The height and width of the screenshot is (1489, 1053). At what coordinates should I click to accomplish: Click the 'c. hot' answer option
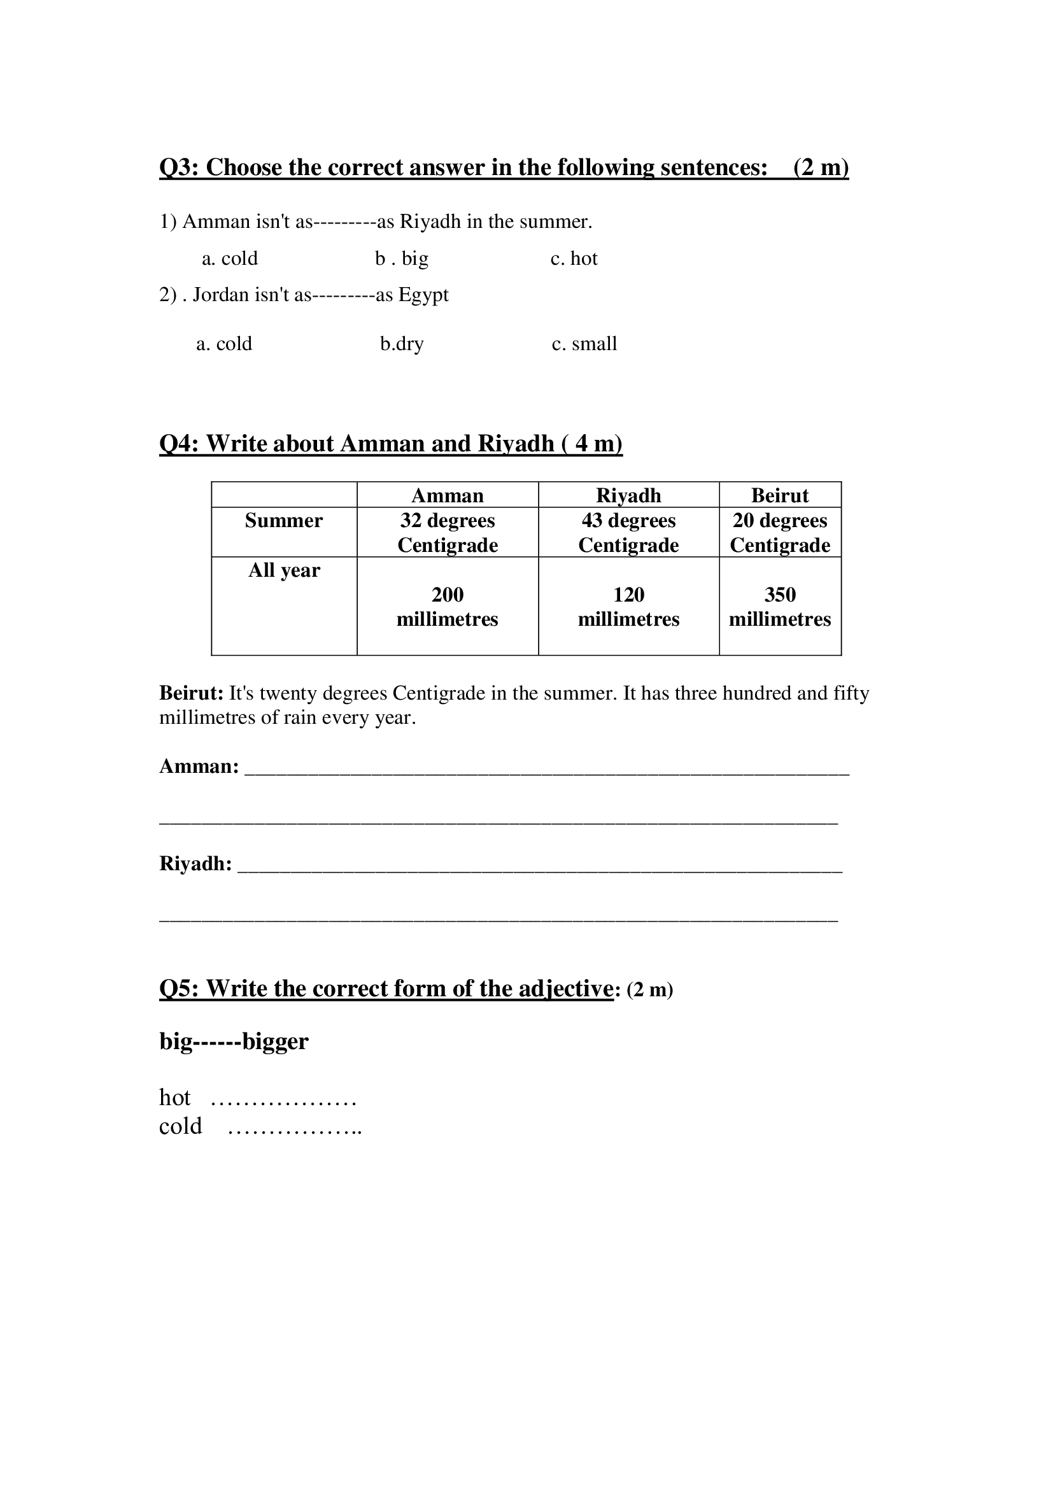(x=574, y=258)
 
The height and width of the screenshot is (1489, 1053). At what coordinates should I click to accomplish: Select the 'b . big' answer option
(x=401, y=258)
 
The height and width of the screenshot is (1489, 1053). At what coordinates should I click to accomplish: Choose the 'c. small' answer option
(x=584, y=344)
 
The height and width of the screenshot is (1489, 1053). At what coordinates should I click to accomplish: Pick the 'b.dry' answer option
(x=401, y=344)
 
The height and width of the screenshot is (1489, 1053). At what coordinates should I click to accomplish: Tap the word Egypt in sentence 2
(x=423, y=295)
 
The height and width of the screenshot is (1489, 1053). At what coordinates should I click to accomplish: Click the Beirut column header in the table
(x=779, y=495)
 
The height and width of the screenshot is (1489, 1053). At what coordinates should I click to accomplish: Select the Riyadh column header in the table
(x=628, y=495)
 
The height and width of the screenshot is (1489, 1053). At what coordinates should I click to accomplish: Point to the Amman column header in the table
(x=448, y=495)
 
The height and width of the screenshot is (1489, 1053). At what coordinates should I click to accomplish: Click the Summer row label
(x=283, y=521)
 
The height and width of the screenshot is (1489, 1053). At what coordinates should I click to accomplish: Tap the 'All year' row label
(x=284, y=570)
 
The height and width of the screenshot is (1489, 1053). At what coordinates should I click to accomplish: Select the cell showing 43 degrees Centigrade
(x=628, y=532)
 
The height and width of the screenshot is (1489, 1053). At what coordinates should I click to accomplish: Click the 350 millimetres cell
(x=779, y=607)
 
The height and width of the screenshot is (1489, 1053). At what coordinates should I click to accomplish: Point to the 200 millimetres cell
(x=448, y=607)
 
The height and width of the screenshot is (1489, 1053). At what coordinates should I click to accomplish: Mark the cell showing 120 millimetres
(x=628, y=607)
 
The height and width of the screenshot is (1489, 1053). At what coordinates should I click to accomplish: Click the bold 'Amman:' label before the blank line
(x=199, y=766)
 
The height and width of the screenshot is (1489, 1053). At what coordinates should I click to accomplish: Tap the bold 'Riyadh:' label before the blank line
(x=195, y=864)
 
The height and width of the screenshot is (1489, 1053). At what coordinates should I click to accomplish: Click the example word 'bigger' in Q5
(x=275, y=1041)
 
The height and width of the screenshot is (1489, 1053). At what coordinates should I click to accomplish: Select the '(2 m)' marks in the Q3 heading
(x=820, y=168)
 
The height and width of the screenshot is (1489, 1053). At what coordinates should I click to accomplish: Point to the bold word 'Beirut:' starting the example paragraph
(x=191, y=693)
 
